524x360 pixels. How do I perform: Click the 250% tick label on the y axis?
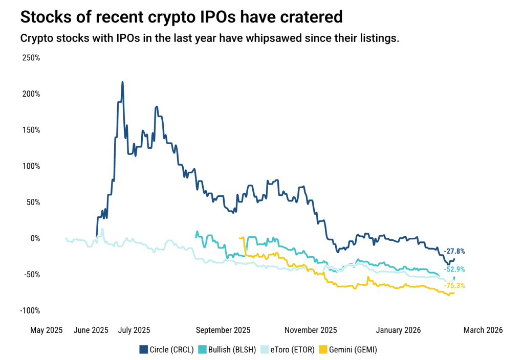point(30,58)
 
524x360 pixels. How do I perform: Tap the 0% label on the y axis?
point(34,238)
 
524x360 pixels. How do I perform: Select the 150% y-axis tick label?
point(30,130)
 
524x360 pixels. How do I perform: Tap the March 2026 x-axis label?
point(483,330)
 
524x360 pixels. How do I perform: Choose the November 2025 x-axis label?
point(311,330)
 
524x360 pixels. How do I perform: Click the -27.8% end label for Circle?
point(454,251)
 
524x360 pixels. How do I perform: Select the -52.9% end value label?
point(454,269)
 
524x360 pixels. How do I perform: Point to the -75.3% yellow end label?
point(454,286)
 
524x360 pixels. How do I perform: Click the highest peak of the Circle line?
point(122,82)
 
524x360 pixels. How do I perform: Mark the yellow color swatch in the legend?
point(323,350)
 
